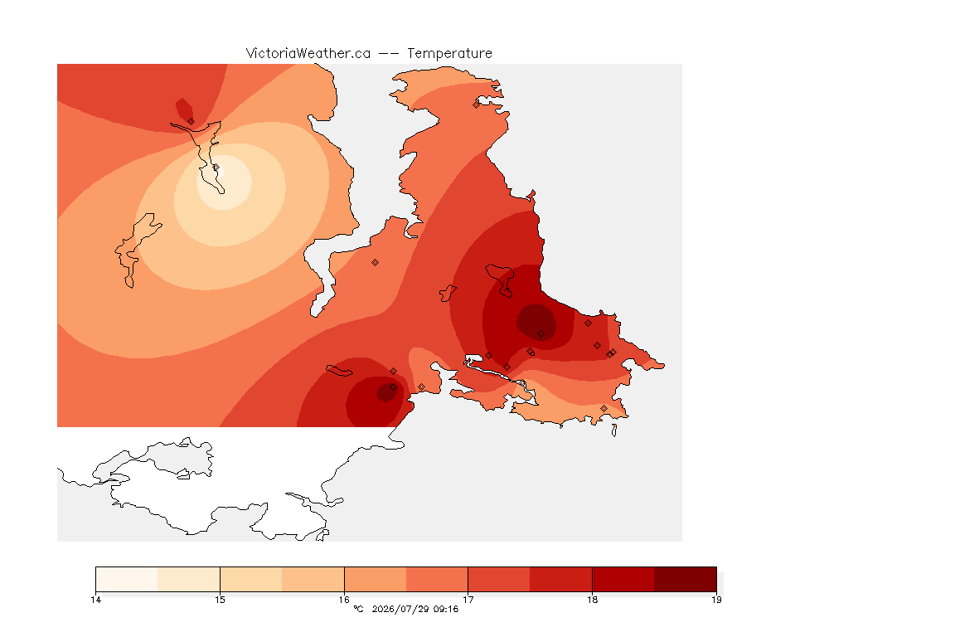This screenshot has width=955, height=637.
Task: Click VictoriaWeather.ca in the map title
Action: coord(308,54)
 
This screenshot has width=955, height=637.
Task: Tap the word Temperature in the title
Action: coord(449,54)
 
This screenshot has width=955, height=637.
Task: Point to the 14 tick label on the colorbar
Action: coord(95,600)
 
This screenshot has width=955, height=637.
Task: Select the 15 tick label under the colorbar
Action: coord(220,600)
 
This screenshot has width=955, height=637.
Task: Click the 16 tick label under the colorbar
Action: coord(344,600)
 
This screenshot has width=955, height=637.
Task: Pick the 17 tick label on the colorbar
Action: coord(468,600)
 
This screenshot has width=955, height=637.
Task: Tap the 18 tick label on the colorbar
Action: coord(592,600)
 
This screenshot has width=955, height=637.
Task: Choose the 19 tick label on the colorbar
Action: coord(716,600)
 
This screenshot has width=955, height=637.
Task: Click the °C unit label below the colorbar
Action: coord(358,609)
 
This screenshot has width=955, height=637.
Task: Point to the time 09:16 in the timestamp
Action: coord(446,609)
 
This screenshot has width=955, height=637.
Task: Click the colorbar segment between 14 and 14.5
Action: coord(127,579)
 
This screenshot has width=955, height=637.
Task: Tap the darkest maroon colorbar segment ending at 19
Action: coord(686,579)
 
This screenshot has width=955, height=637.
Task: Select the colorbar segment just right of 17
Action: coord(499,579)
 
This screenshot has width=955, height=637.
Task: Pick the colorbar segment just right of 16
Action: coord(376,579)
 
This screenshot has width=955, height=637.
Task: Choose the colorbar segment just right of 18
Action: coord(623,579)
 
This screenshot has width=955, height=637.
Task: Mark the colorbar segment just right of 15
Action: coord(251,579)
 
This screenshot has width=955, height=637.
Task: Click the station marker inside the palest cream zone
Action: coord(216,167)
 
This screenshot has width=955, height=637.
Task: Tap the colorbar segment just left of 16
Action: coord(313,579)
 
